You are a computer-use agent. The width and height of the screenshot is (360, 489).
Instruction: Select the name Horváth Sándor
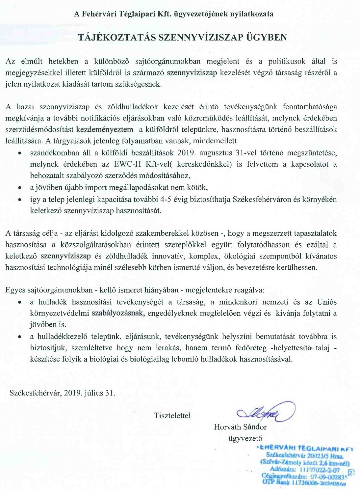pos(240,427)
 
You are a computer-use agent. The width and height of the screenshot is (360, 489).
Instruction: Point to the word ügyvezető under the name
pos(245,438)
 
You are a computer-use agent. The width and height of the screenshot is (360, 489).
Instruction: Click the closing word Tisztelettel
pos(172,416)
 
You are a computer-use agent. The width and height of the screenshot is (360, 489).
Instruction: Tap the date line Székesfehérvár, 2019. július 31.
pos(63,393)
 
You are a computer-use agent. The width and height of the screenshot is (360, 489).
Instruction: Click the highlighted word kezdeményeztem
pos(105,129)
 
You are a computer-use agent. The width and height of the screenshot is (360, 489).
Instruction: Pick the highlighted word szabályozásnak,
pos(118,313)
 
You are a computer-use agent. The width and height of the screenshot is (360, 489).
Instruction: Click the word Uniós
pos(327,302)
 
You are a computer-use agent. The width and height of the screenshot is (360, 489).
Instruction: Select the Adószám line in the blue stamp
pos(304,470)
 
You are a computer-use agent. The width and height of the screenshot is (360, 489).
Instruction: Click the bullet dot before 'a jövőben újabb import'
pos(20,188)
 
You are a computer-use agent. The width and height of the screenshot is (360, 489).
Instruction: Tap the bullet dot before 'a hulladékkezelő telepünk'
pos(20,337)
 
